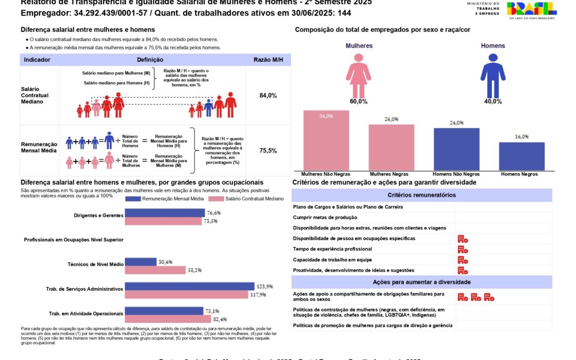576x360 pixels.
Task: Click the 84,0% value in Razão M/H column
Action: [268, 95]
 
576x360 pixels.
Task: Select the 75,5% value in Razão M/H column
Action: [268, 151]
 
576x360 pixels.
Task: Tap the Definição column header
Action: [150, 60]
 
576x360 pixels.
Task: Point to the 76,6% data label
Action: [213, 213]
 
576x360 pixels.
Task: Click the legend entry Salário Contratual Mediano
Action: [253, 199]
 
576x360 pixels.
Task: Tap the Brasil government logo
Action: [531, 10]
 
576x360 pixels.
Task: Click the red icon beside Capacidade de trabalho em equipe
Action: [462, 260]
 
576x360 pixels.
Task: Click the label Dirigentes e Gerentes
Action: [99, 215]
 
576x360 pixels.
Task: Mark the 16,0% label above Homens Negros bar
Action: [522, 137]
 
